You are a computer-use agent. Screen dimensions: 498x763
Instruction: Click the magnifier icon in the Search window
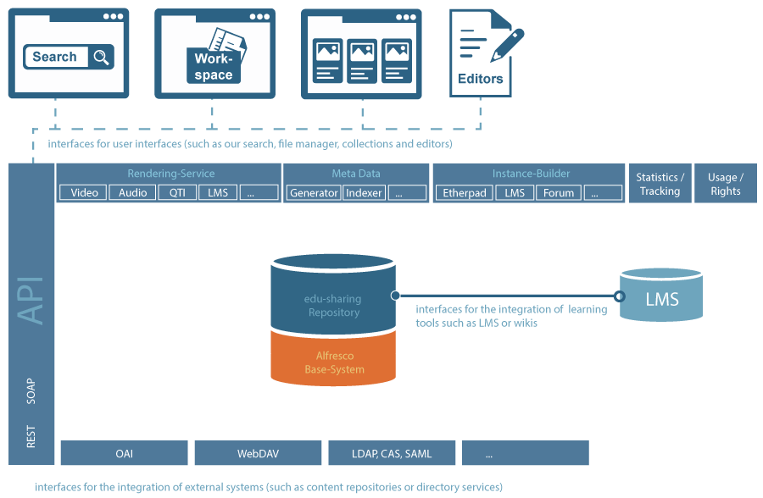point(102,58)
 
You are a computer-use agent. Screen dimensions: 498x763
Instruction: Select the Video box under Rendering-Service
point(85,193)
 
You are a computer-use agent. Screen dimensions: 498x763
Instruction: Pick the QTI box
point(177,193)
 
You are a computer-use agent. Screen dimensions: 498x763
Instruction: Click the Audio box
point(133,193)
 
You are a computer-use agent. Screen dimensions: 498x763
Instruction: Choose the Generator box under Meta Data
point(314,193)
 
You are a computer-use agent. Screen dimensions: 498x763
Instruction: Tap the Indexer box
point(364,193)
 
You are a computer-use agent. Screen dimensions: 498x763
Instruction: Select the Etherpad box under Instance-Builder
point(465,193)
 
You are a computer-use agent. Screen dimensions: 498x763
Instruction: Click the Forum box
point(559,193)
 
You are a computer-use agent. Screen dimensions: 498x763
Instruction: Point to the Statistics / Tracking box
point(660,184)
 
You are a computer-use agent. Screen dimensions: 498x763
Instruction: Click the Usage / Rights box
point(726,184)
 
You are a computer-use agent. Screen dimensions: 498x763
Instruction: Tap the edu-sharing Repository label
point(334,306)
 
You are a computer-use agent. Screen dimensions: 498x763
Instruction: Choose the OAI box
point(125,454)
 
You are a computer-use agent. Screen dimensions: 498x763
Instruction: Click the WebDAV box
point(259,454)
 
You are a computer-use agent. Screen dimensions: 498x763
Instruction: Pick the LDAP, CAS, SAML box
point(393,454)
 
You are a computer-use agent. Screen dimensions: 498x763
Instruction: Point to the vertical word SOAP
point(31,390)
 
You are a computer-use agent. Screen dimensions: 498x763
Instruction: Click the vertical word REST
point(31,437)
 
